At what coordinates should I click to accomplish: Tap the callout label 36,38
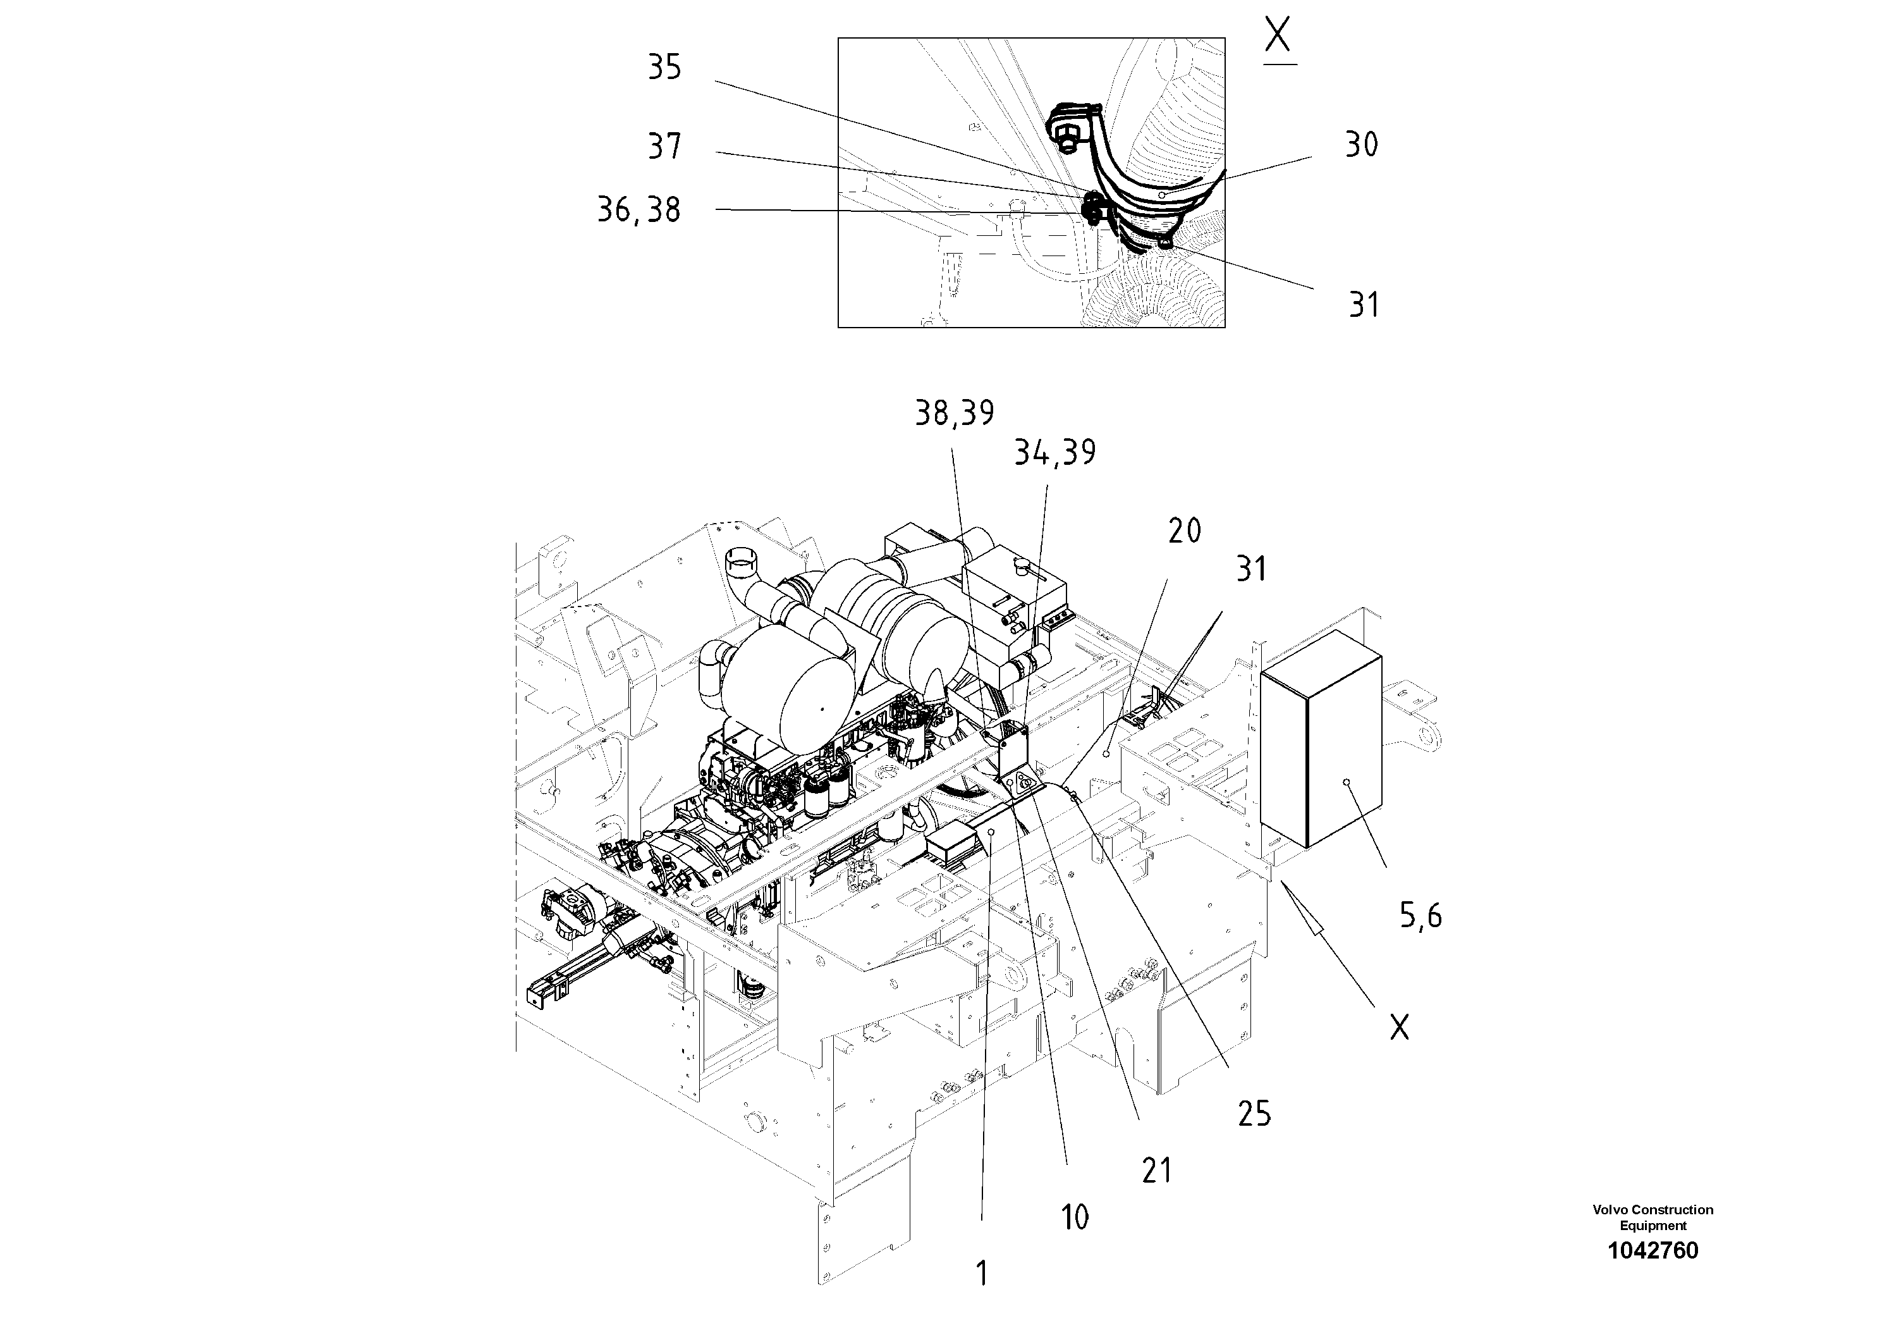(639, 210)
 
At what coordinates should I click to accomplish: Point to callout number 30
(1362, 145)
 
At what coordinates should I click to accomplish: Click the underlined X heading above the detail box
(1279, 38)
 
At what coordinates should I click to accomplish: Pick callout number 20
(1185, 531)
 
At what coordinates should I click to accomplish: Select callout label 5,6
(1420, 915)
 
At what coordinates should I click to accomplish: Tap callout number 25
(1254, 1114)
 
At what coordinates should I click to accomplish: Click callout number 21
(1157, 1170)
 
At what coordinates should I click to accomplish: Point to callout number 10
(1075, 1217)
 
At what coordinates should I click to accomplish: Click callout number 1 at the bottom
(982, 1274)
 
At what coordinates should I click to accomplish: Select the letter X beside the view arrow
(1399, 1026)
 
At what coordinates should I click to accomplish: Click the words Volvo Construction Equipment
(1653, 1217)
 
